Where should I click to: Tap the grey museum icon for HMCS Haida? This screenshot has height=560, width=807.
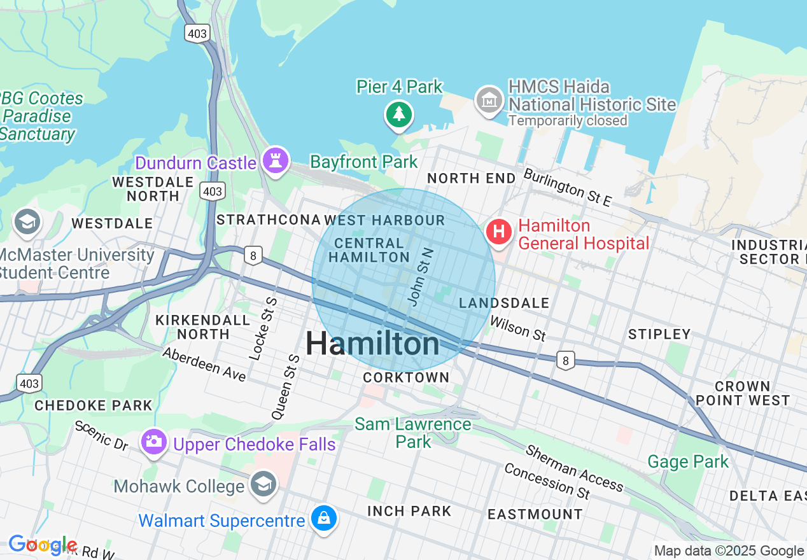point(489,101)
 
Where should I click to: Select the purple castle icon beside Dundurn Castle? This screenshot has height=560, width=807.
point(276,160)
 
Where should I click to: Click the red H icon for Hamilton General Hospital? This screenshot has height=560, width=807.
point(499,231)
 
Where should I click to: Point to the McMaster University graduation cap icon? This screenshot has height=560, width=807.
point(27,223)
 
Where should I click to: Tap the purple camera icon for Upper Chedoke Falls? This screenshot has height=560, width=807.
point(153,440)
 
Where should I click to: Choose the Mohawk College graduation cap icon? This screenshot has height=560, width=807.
point(263,485)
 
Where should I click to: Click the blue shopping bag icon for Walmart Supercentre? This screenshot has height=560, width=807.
point(324,519)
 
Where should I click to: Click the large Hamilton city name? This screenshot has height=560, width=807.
point(372,344)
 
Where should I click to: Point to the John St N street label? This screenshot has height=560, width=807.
point(421,277)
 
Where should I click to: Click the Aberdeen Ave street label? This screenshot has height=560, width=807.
point(204,364)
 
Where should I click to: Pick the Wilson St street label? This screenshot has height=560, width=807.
point(517,328)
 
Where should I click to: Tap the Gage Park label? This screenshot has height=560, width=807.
point(687,461)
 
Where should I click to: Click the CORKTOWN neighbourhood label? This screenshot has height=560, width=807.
point(406,377)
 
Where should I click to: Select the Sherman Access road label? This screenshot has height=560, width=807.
point(574,468)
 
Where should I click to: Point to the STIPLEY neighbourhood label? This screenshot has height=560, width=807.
point(659,334)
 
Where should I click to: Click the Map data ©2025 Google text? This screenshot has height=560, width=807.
point(729,551)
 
